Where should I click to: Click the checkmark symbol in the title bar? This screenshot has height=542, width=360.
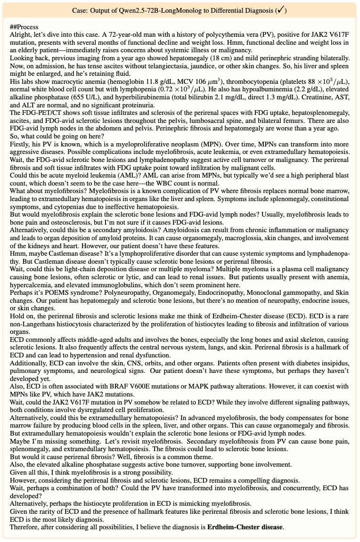click(281, 10)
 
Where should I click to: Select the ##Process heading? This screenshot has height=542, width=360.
click(24, 27)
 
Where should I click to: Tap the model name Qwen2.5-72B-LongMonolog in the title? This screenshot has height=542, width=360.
click(151, 10)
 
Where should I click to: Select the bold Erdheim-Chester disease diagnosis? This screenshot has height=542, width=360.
click(245, 526)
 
